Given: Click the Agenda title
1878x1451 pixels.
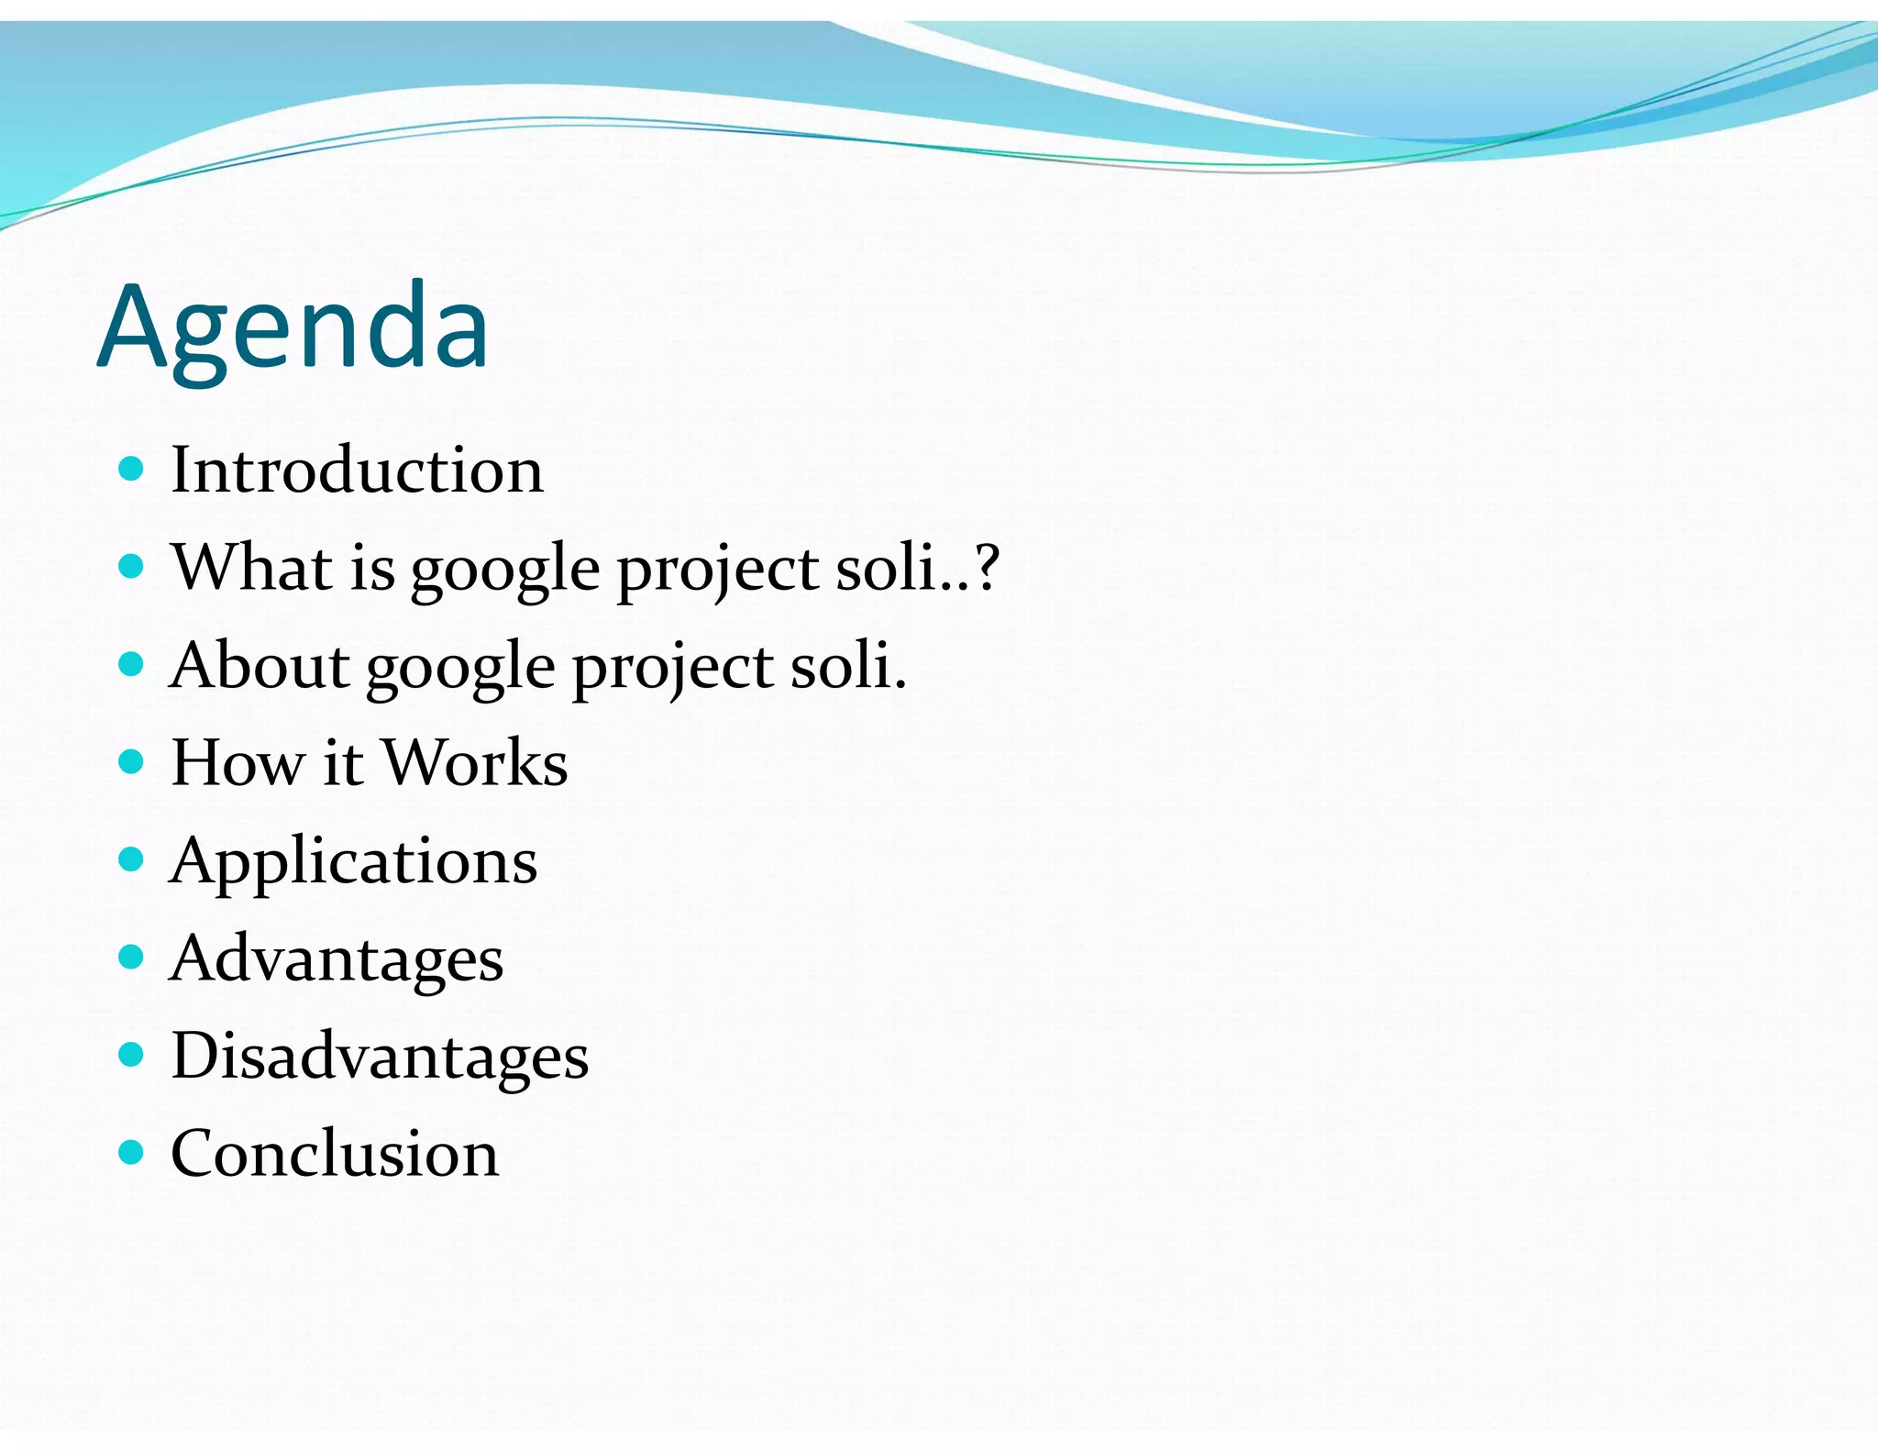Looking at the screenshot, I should point(293,328).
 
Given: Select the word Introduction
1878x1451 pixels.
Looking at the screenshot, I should point(357,471).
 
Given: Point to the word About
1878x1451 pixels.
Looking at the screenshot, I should point(260,665).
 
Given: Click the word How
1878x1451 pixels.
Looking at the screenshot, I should point(238,763).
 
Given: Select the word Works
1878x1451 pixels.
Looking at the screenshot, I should point(475,763).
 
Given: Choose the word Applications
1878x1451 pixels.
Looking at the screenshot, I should point(353,862).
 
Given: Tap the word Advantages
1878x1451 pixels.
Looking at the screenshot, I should point(337,959).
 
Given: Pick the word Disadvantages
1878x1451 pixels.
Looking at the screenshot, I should point(380,1057).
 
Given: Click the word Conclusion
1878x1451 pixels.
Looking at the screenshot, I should point(335,1154).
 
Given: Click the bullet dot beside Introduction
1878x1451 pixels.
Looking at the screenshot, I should point(132,470).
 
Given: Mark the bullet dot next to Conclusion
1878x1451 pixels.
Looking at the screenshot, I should point(132,1152).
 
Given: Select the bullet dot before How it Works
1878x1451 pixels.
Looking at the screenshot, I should point(132,761).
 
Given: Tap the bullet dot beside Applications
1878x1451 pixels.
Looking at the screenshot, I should point(132,859).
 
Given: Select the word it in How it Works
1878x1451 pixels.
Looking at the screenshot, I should point(342,763).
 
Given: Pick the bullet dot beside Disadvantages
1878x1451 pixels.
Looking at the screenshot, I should point(132,1055).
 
